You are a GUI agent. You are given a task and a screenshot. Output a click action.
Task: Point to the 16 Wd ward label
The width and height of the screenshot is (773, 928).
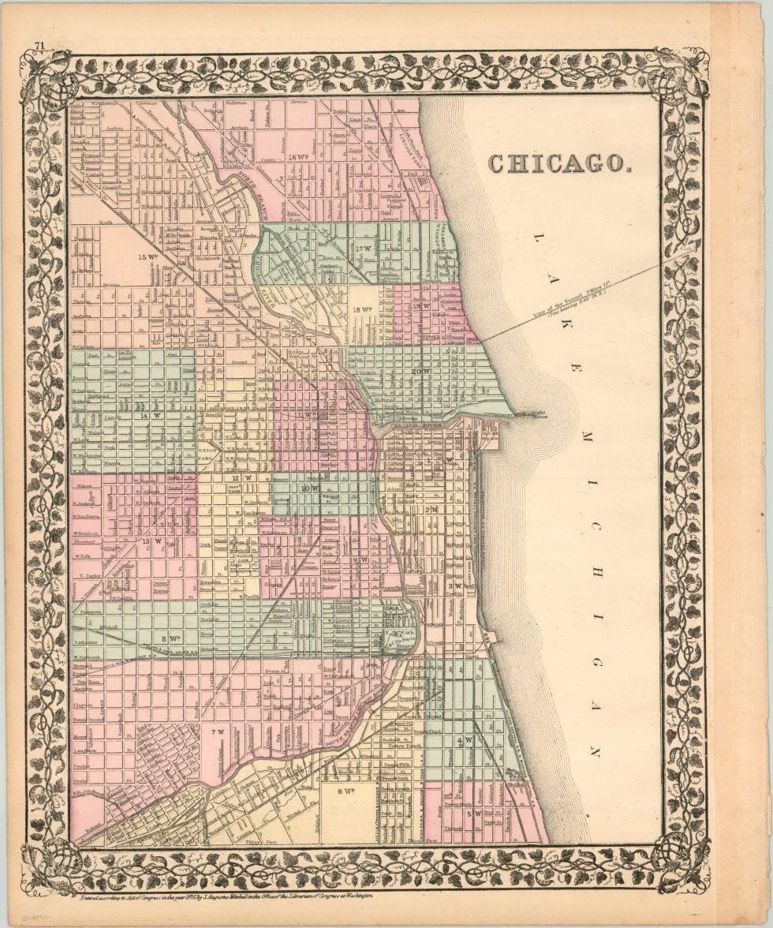[x=297, y=156]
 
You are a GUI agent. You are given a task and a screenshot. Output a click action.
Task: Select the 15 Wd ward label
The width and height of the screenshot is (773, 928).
[x=148, y=256]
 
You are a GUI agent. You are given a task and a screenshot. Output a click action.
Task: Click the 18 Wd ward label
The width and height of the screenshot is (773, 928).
[x=362, y=310]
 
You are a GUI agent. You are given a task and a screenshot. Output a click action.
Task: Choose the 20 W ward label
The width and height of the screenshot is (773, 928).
[x=420, y=371]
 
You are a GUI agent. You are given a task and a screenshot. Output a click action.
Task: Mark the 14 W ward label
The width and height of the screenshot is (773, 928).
[x=143, y=415]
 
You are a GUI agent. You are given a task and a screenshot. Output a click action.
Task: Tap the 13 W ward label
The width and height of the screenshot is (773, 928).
[x=152, y=541]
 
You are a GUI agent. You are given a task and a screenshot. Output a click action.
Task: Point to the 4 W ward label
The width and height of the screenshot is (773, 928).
[x=465, y=740]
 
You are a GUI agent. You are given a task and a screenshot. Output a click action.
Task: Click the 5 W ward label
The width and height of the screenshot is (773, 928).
[x=474, y=813]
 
